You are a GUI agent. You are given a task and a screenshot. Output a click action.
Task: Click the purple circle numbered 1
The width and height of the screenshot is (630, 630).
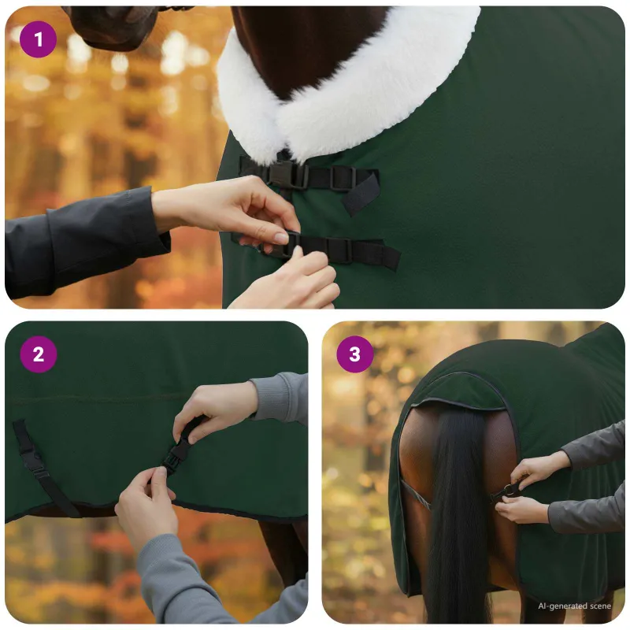[x=38, y=39]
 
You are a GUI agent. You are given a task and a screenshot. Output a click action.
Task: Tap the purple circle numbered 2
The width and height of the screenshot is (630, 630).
[x=38, y=354]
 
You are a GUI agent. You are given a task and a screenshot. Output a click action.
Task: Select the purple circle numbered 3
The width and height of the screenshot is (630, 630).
[x=355, y=354]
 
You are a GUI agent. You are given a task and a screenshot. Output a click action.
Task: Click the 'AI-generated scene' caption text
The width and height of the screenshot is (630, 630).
[x=575, y=606]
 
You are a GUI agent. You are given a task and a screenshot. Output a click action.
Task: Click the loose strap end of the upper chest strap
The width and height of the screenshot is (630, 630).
[x=360, y=193]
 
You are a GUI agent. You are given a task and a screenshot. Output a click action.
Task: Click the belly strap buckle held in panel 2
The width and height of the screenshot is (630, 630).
[x=176, y=454]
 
